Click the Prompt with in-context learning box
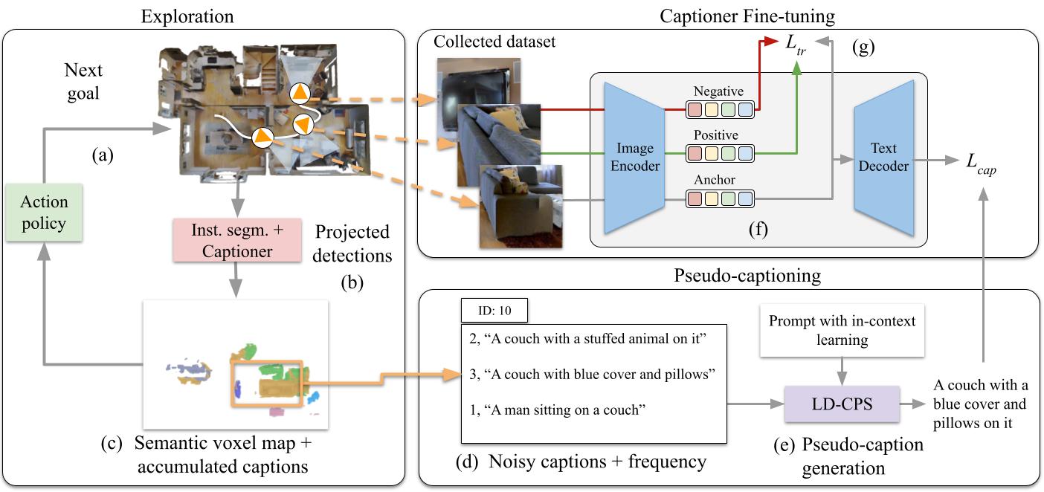coord(841,330)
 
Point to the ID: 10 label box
coord(494,310)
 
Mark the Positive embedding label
coord(715,135)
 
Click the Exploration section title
coord(187,16)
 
